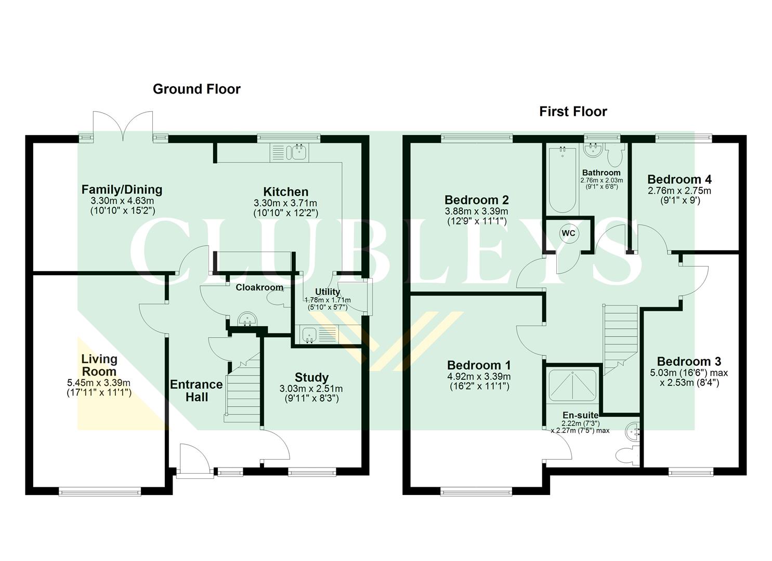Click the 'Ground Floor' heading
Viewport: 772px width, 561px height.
tap(197, 89)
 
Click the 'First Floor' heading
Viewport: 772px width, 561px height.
tap(573, 111)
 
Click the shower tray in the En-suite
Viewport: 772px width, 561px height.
tap(572, 386)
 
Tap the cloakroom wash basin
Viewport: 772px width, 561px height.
tap(246, 319)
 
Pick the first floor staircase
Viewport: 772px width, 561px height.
tap(620, 337)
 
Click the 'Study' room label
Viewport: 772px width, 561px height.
tap(311, 377)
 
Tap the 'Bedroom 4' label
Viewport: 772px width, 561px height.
tap(679, 179)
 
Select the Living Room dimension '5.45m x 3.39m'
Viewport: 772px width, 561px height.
tap(99, 383)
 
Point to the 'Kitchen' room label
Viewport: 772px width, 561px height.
tap(285, 192)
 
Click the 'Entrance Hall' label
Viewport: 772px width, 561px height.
tap(197, 391)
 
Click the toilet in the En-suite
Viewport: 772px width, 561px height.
tap(625, 455)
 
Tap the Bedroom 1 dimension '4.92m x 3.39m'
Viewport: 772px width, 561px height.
tap(479, 376)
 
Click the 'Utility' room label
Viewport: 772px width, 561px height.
tap(328, 292)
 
